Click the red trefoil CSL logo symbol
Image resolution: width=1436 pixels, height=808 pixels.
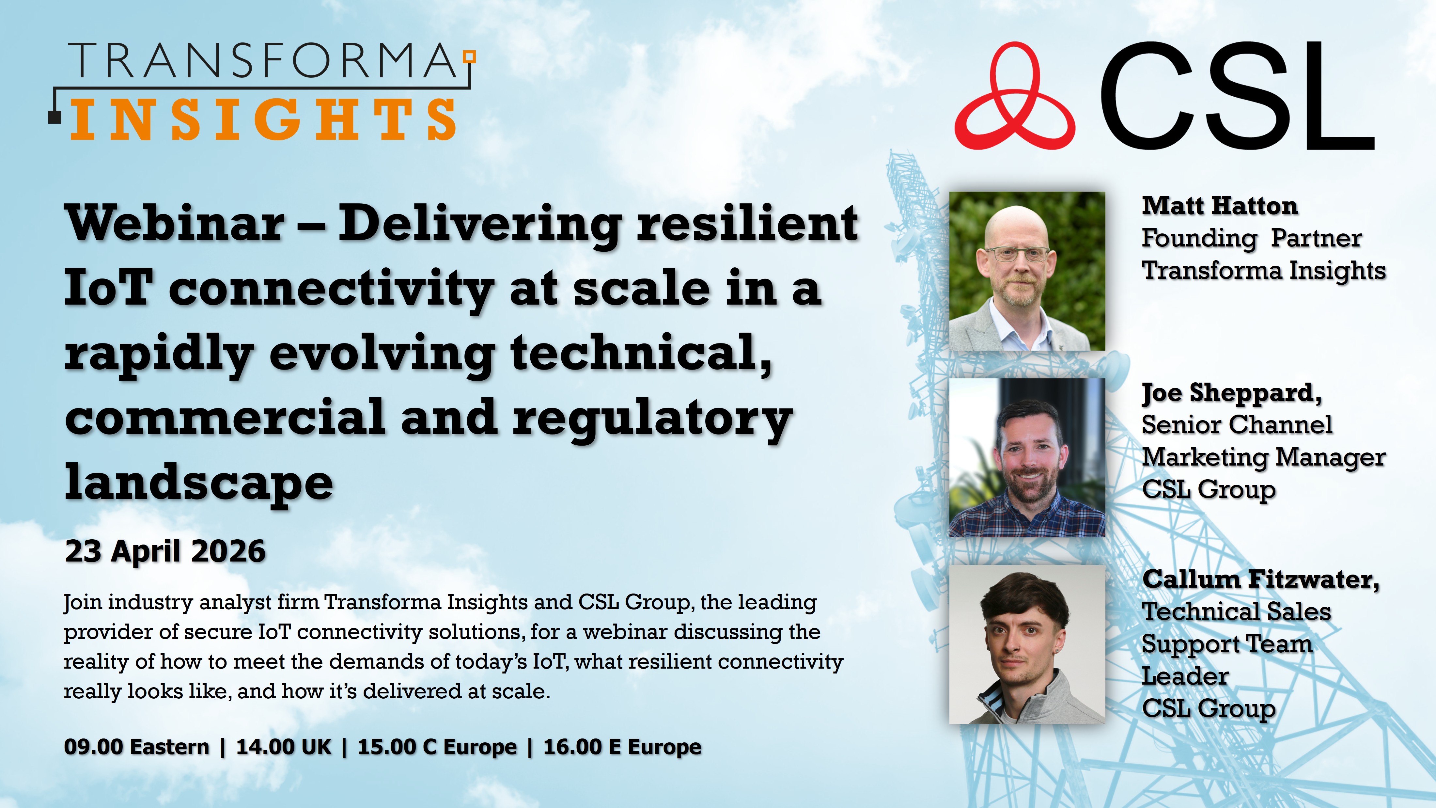(x=1015, y=98)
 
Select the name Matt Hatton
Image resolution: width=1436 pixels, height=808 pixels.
(x=1220, y=206)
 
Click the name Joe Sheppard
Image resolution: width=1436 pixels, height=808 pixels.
(x=1231, y=393)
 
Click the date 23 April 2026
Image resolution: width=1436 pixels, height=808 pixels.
(x=165, y=551)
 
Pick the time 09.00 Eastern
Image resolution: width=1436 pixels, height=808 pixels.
(x=136, y=747)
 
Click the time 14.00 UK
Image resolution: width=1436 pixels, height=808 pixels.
(x=284, y=747)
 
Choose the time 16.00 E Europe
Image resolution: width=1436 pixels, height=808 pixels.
(x=622, y=747)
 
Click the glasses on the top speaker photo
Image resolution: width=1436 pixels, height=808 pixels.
(x=1017, y=254)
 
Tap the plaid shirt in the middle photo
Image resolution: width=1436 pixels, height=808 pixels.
(x=1026, y=519)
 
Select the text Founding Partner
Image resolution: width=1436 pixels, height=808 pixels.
(x=1252, y=239)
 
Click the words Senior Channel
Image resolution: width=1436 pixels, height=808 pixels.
(x=1237, y=425)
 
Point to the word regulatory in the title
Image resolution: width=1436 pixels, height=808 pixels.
(x=652, y=418)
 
